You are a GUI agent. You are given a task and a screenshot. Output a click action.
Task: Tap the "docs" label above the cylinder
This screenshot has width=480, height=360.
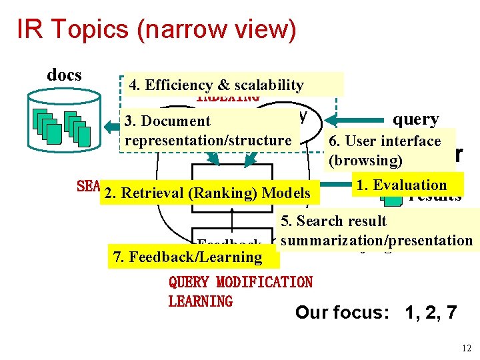[x=64, y=75]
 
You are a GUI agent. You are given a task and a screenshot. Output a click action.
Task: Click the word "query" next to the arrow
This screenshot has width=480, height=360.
[x=415, y=119]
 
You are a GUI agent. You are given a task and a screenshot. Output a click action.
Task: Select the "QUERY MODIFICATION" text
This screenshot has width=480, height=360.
[x=241, y=282]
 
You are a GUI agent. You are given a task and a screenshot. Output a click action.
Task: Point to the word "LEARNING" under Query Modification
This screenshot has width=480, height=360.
[x=201, y=301]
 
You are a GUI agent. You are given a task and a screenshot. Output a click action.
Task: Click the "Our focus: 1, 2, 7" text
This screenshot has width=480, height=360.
[x=376, y=313]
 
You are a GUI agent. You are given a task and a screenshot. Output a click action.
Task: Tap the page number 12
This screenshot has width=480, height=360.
[x=465, y=348]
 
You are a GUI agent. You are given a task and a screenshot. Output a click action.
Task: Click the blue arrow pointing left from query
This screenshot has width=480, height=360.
[x=360, y=120]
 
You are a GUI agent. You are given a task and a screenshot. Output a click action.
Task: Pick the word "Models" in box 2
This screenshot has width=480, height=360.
[x=287, y=193]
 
